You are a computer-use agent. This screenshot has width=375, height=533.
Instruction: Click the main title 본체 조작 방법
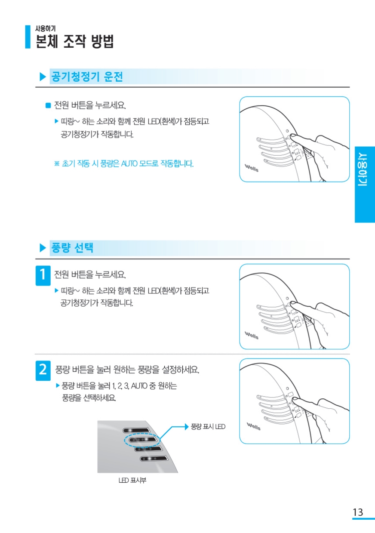pos(74,41)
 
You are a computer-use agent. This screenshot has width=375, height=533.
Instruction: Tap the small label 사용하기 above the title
pos(45,28)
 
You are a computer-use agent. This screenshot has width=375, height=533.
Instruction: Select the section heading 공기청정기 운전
pos(87,77)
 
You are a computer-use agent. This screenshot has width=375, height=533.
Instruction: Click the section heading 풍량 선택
pos(72,248)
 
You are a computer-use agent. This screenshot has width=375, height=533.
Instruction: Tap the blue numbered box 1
pos(43,275)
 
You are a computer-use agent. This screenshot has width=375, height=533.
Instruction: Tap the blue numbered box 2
pos(43,370)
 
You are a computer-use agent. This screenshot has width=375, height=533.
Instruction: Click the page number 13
pos(358,512)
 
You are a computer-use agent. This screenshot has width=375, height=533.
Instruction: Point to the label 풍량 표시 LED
pos(208,427)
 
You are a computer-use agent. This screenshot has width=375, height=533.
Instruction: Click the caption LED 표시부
pos(132,481)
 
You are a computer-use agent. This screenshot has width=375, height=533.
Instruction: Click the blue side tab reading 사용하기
pos(365,185)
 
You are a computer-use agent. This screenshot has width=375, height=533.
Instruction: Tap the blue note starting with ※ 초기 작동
pos(124,164)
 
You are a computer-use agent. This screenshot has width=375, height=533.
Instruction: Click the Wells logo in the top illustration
pos(252,168)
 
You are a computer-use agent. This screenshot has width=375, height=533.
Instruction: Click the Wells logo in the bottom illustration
pos(253,426)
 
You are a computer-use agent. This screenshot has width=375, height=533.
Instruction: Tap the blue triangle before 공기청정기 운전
pos(43,77)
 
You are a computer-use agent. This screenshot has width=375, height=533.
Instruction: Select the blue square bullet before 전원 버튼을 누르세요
pos(48,105)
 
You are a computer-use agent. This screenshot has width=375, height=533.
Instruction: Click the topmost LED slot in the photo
pos(136,430)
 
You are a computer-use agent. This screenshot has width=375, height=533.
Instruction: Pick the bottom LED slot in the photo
pos(154,458)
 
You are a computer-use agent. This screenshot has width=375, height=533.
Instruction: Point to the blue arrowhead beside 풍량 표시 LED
pos(187,427)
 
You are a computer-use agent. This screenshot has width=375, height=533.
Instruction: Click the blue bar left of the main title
pos(28,37)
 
